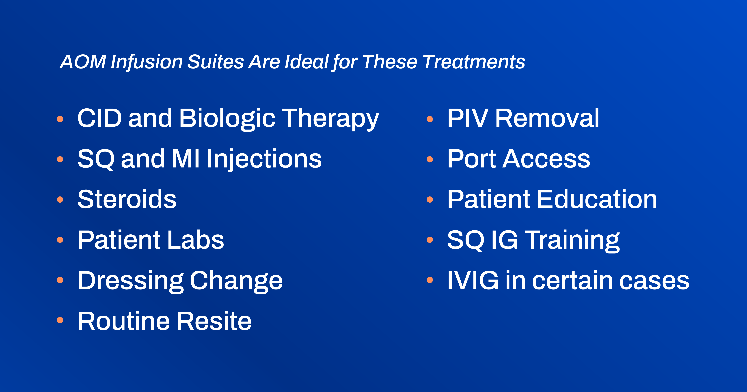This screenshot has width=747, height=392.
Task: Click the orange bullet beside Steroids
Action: click(60, 199)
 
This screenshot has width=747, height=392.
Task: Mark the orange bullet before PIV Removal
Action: click(430, 119)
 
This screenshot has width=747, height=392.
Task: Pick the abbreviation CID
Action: click(99, 118)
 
